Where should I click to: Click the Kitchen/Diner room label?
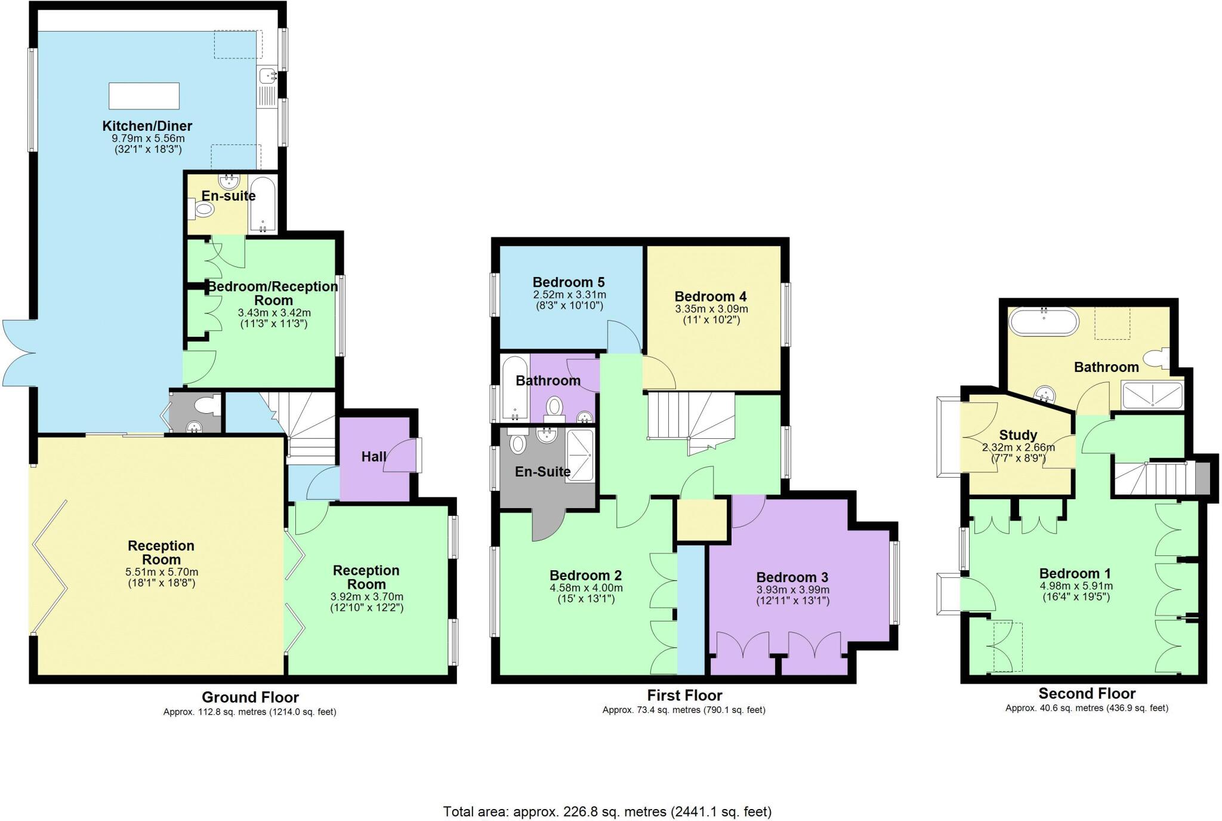[x=147, y=126]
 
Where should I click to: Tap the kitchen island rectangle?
[x=144, y=96]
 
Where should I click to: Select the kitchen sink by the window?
[x=267, y=76]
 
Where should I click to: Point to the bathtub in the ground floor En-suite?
[x=263, y=204]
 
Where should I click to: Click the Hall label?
[x=374, y=457]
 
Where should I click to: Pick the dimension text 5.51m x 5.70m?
[x=161, y=572]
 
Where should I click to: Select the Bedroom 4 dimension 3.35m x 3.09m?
[x=711, y=309]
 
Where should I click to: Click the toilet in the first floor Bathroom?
[x=555, y=407]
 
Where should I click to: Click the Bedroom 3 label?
[x=792, y=577]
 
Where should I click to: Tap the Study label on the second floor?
[x=1018, y=435]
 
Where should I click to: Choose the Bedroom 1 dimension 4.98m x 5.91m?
[x=1076, y=586]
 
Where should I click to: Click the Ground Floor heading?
[x=250, y=697]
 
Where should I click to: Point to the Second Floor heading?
[x=1087, y=693]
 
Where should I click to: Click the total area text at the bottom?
[x=607, y=811]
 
